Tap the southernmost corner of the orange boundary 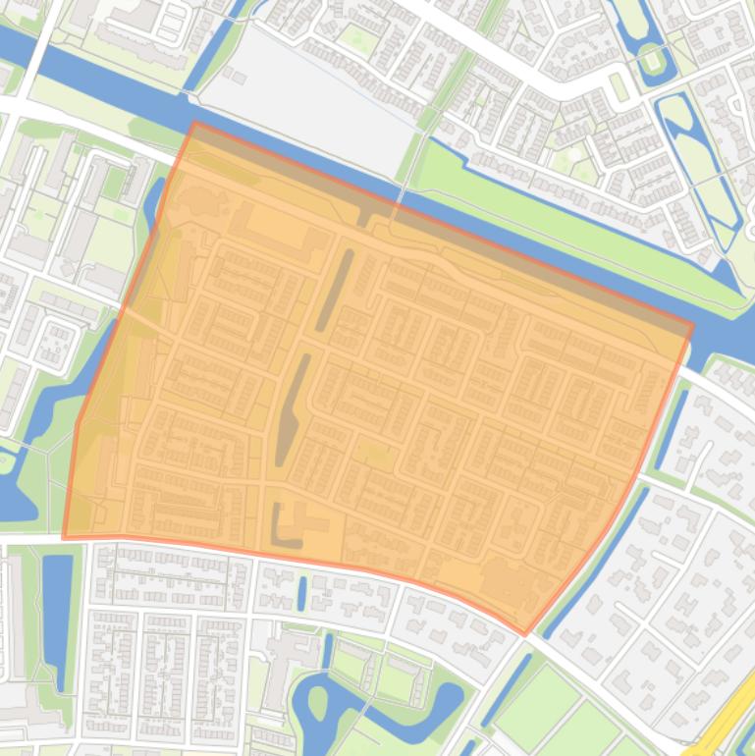526,634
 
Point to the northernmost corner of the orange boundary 194,123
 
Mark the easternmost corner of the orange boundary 692,323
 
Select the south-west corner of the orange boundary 64,538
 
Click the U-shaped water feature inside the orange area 284,528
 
